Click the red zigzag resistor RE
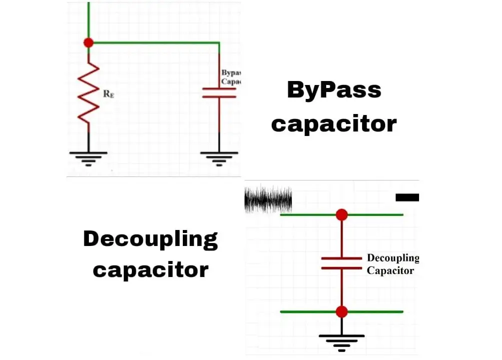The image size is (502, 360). click(88, 92)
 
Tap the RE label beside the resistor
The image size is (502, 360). click(108, 94)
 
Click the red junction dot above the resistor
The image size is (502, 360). click(88, 42)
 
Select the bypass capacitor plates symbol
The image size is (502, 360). click(219, 93)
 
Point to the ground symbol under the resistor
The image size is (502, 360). click(88, 157)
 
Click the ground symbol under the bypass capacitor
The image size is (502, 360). click(219, 157)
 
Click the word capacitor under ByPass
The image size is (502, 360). click(334, 123)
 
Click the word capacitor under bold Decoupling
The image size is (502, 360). click(150, 270)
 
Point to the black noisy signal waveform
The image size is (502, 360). click(268, 199)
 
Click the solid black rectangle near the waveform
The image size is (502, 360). click(407, 197)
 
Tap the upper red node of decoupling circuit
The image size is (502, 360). click(342, 214)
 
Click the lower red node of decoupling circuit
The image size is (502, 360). click(342, 311)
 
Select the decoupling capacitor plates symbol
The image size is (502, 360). click(342, 263)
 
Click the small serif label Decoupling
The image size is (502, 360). click(393, 258)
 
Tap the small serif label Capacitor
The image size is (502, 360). click(390, 270)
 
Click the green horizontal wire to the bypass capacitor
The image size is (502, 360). click(155, 42)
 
